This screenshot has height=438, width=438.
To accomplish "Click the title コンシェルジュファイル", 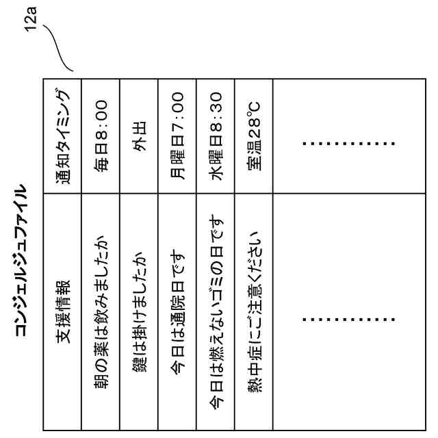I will coord(21,261).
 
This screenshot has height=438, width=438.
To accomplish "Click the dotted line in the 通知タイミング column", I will coord(349,144).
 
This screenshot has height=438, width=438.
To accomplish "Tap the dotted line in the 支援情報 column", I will coord(349,319).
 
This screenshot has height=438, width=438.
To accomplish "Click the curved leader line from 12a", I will coord(58,48).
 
